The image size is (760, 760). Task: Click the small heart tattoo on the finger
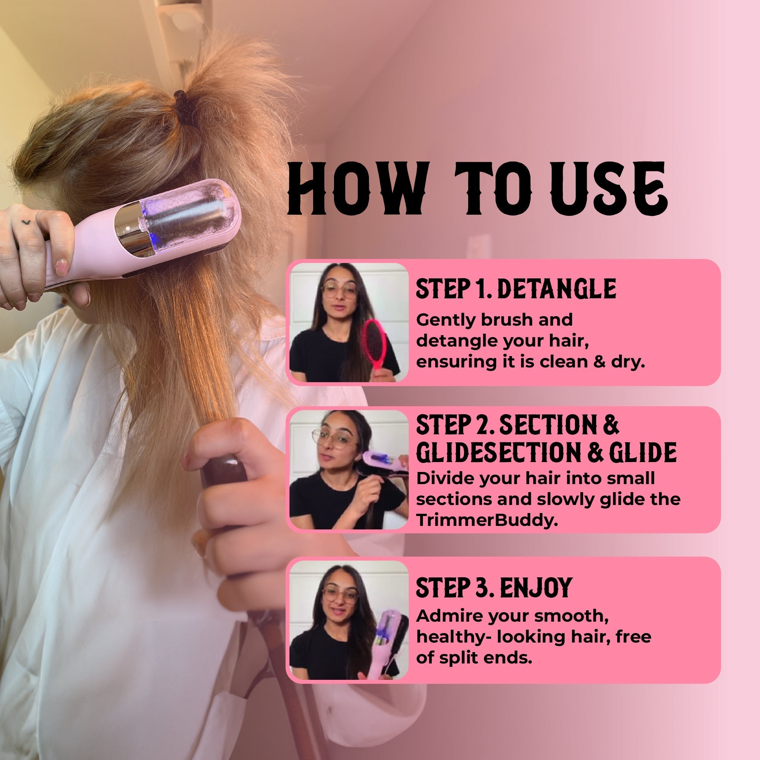26,223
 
